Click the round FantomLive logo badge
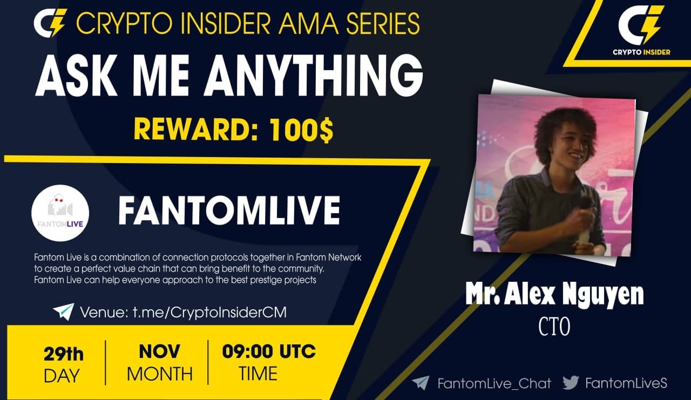(x=60, y=213)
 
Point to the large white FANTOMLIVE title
(x=229, y=211)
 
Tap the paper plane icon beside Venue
(x=63, y=311)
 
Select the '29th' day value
(x=63, y=354)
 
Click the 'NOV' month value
(x=159, y=352)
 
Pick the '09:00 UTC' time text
(x=269, y=352)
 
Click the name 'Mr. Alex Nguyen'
(x=554, y=295)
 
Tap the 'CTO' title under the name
(x=554, y=327)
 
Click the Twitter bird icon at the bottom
(x=571, y=383)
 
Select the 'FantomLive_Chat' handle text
(x=494, y=383)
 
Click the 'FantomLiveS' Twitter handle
(x=626, y=383)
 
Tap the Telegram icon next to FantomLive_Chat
(x=421, y=383)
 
